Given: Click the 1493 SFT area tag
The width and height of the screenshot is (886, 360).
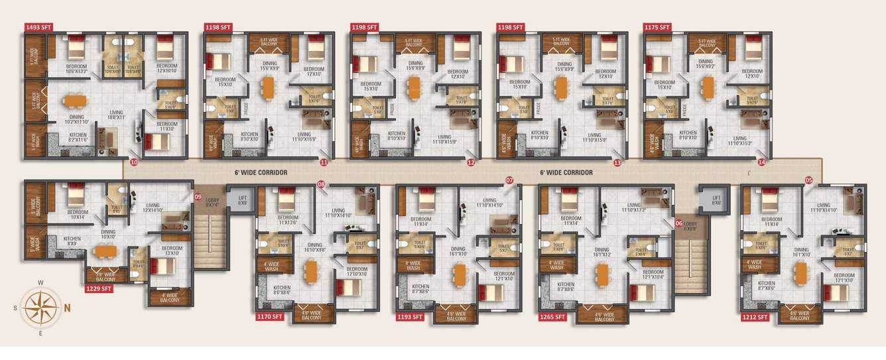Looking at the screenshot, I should click(37, 27).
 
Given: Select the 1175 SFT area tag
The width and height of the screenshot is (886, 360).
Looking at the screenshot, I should click(657, 27).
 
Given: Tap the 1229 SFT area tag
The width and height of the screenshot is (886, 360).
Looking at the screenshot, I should click(99, 288).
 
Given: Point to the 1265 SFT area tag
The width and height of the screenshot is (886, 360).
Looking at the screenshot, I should click(552, 317).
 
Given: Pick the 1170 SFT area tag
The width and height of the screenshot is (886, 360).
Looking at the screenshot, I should click(269, 317).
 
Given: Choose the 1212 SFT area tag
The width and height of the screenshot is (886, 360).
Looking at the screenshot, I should click(755, 317).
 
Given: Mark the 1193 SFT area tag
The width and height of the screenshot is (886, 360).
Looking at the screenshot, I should click(409, 317).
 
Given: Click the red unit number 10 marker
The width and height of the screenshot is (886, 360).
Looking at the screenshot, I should click(134, 161).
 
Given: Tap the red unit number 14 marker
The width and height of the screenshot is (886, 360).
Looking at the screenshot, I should click(761, 161).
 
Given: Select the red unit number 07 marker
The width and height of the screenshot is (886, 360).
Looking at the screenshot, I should click(509, 180).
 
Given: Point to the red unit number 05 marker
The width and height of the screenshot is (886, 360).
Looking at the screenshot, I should click(808, 180).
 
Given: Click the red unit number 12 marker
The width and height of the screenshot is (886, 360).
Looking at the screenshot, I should click(471, 161).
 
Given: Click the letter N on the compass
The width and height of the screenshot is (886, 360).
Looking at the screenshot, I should click(67, 307).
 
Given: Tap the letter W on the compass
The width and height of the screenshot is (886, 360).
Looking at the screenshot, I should click(40, 283).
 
